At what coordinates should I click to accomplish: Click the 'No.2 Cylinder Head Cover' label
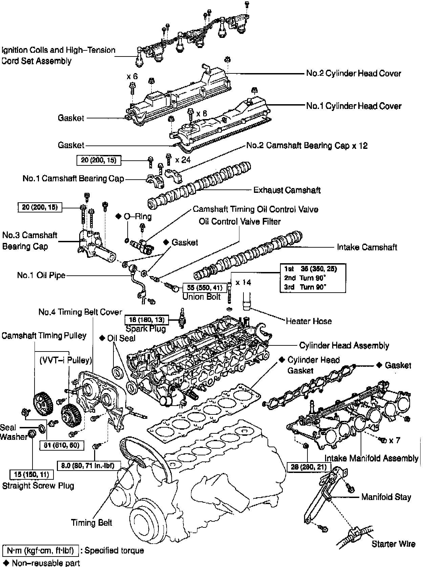click(x=353, y=73)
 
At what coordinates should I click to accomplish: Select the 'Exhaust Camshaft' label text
click(x=287, y=190)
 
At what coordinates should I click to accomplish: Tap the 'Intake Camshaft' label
click(x=367, y=247)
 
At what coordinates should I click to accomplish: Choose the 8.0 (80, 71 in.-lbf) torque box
click(x=88, y=466)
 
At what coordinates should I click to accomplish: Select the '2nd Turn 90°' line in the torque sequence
click(x=305, y=278)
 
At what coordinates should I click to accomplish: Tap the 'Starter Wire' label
click(x=393, y=544)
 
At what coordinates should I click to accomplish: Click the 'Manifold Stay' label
click(x=386, y=497)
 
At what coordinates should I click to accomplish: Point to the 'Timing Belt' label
click(x=91, y=523)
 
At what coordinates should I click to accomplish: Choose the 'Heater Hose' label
click(x=308, y=321)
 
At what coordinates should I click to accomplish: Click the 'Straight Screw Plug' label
click(x=38, y=486)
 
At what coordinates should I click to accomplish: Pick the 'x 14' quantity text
click(x=243, y=282)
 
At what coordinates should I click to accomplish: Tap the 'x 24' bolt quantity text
click(x=183, y=159)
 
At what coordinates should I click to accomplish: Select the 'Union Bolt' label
click(x=201, y=297)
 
